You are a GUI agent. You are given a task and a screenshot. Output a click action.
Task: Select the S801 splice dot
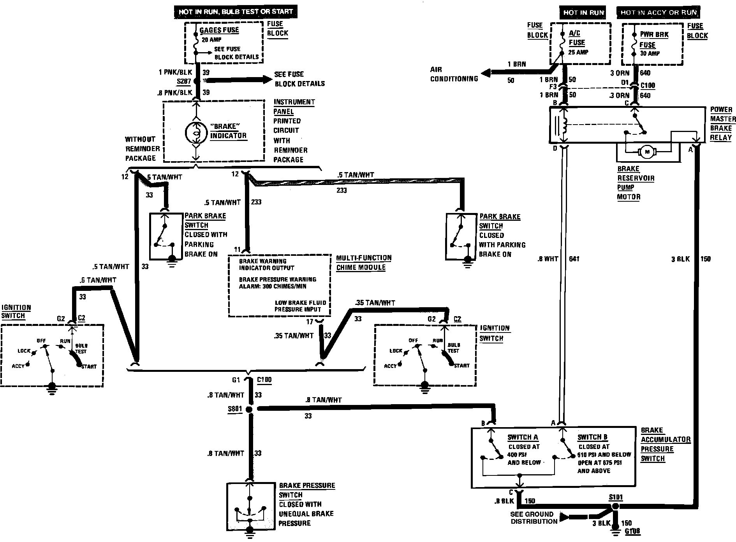(x=250, y=409)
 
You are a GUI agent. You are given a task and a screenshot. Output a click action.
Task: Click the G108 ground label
(x=632, y=531)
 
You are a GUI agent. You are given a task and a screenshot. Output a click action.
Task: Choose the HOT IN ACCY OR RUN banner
(x=659, y=12)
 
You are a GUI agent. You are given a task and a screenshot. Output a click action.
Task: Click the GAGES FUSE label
(x=219, y=30)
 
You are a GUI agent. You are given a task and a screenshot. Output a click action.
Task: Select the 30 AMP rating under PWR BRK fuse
(x=650, y=53)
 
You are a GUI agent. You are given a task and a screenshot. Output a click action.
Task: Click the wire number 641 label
(x=574, y=259)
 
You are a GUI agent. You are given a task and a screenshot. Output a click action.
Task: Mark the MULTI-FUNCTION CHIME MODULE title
(x=364, y=262)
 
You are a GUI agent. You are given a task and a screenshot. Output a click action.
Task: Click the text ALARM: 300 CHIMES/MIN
(x=273, y=287)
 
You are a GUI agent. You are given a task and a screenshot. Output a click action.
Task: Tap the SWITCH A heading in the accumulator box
(x=523, y=437)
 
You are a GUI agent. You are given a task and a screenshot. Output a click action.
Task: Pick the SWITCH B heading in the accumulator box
(x=592, y=437)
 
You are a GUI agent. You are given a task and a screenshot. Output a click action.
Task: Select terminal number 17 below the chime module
(x=310, y=322)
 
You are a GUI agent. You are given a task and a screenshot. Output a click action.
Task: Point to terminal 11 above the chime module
(x=238, y=250)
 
